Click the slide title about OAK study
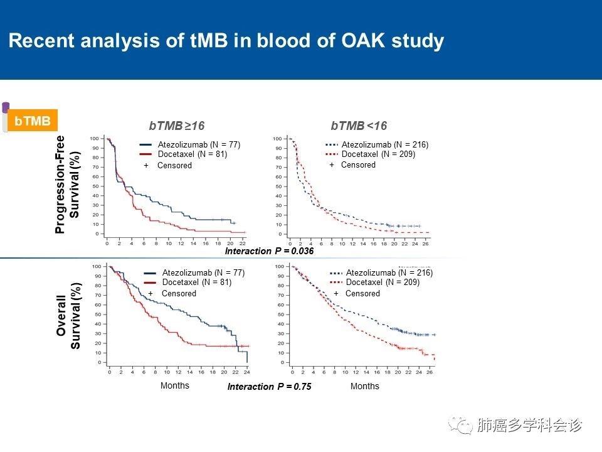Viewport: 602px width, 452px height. pos(226,41)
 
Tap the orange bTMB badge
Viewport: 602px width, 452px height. pos(32,121)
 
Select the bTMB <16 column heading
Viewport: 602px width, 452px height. pos(359,126)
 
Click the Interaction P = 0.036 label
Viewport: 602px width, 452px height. pos(269,251)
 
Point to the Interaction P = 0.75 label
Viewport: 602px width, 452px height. pos(269,387)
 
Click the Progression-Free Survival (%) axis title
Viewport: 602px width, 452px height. pos(68,184)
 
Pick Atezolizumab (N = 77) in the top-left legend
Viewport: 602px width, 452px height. pos(199,145)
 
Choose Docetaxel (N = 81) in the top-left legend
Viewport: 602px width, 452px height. pos(192,154)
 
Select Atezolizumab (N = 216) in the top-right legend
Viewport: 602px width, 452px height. pos(384,145)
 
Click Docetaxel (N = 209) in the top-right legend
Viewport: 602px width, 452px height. pos(378,154)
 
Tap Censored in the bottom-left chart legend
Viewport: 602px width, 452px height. pos(179,293)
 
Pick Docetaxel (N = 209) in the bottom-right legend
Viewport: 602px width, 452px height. pos(383,282)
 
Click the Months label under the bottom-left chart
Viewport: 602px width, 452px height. pos(174,385)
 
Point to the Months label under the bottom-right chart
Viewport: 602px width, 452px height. pos(365,386)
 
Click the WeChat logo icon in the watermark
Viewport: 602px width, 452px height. pos(464,426)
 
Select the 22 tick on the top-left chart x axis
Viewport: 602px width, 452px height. pos(242,242)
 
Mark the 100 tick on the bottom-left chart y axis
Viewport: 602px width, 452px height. pos(97,267)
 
